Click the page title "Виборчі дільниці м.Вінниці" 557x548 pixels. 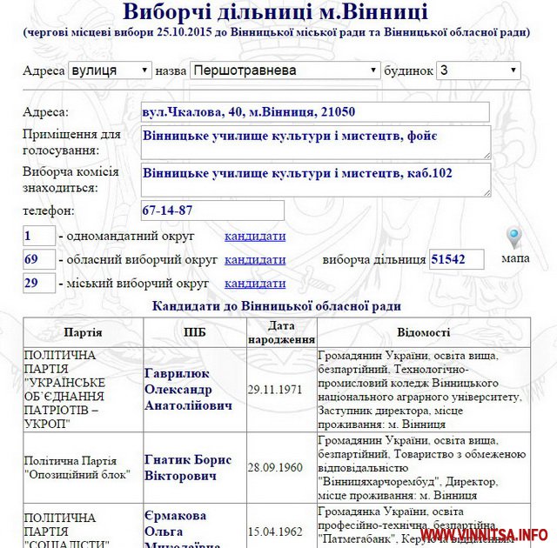point(275,13)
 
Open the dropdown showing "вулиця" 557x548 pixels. point(111,70)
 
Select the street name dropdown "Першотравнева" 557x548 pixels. point(285,70)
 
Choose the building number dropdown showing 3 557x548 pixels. point(479,70)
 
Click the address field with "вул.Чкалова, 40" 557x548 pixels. point(315,112)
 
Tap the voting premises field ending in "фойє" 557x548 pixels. point(315,143)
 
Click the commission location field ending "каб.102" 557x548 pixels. point(315,180)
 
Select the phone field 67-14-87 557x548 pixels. point(212,211)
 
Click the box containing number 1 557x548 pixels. point(39,236)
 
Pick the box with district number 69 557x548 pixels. point(39,259)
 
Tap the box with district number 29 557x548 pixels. point(39,283)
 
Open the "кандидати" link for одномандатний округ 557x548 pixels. point(255,236)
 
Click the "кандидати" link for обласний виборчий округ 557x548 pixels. point(255,259)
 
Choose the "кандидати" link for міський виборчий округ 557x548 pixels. point(255,283)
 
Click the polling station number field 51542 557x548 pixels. point(456,259)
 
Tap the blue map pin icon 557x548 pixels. point(514,237)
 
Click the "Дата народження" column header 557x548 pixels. point(280,332)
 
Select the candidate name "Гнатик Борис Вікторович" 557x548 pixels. point(188,467)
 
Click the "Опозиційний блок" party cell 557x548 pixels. point(77,467)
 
